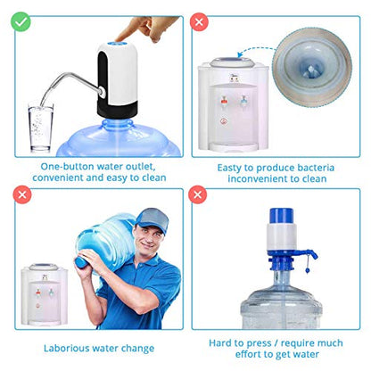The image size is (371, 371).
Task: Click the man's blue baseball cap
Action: [151, 219]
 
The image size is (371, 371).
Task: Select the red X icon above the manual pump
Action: [198, 193]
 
